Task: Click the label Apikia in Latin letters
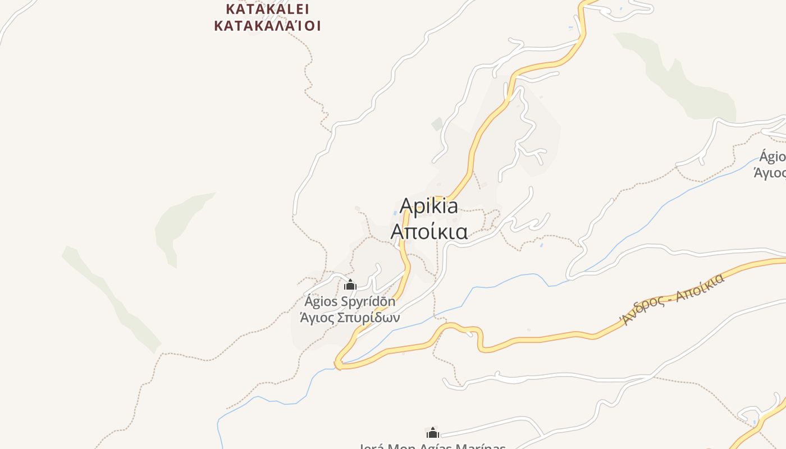click(428, 207)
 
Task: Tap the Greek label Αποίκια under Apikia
click(429, 231)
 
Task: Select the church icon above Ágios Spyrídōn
click(350, 285)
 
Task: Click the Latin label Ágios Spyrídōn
click(350, 302)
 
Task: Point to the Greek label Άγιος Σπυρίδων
click(350, 318)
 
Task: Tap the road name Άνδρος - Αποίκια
click(671, 298)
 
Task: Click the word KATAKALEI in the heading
click(267, 9)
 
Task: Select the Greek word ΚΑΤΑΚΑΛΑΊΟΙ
click(267, 25)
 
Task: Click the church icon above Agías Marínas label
click(432, 433)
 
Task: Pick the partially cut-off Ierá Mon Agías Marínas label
click(432, 446)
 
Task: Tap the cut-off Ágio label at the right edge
click(773, 156)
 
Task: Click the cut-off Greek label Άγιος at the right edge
click(770, 173)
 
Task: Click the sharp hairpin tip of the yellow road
click(338, 365)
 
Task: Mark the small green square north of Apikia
click(437, 124)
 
